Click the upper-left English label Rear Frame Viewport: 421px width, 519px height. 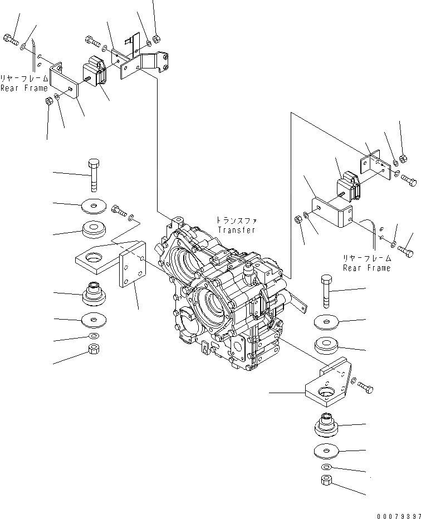coord(20,87)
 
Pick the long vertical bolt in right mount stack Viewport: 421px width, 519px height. coord(326,290)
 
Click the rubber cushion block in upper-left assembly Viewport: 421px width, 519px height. coord(95,72)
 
